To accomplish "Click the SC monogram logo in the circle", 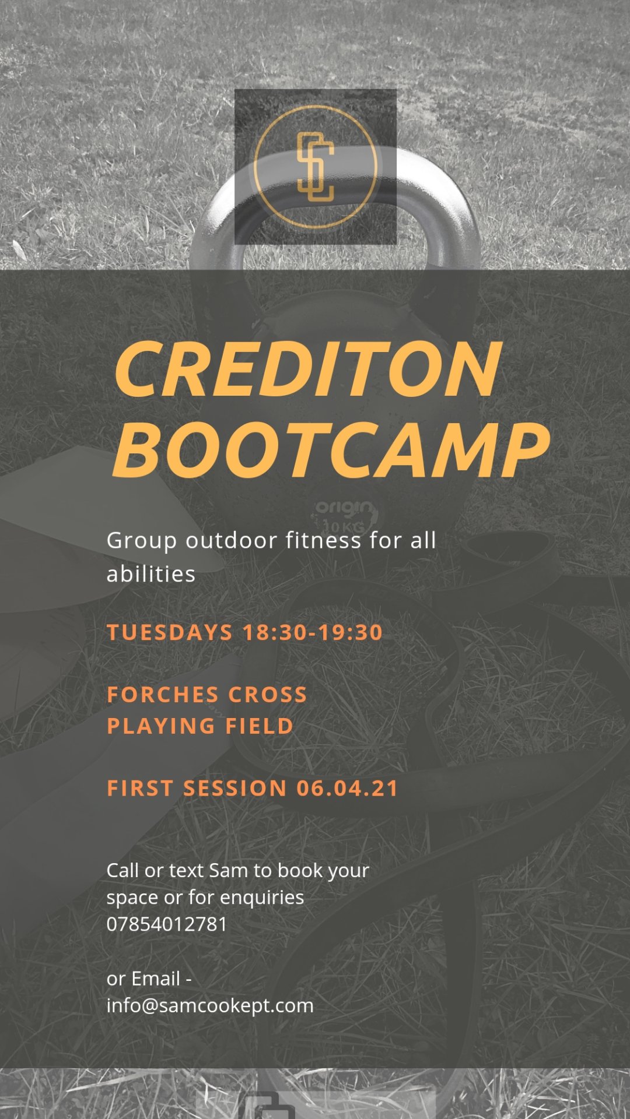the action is [x=316, y=167].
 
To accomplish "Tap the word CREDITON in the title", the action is [x=308, y=369].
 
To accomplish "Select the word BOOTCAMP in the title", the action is [x=331, y=448].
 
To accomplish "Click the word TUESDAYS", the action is [x=170, y=632].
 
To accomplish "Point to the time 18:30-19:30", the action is [x=313, y=632].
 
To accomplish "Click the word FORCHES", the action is [x=163, y=695].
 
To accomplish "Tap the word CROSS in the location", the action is [x=268, y=695].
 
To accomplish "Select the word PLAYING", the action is [x=161, y=726].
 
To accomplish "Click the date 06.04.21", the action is [x=347, y=789].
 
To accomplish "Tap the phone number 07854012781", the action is [x=167, y=924].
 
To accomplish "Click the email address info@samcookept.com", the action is [x=210, y=1005].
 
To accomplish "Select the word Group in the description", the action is [x=142, y=541].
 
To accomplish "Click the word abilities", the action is [x=151, y=574].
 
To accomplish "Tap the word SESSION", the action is [x=235, y=789].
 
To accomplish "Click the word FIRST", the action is [x=140, y=789].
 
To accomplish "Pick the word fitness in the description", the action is [x=324, y=540].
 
